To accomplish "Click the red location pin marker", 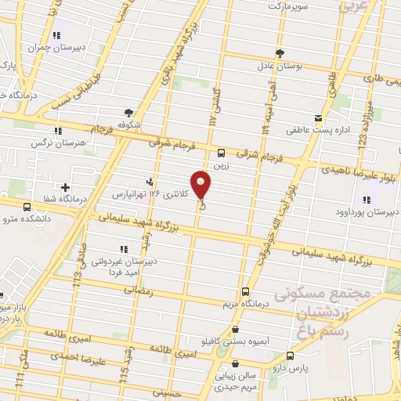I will [202, 185].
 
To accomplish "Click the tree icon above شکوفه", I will [129, 112].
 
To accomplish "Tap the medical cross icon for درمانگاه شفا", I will [65, 188].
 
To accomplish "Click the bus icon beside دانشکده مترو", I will [27, 207].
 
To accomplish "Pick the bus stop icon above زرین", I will [222, 152].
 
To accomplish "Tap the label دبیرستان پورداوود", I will [368, 211].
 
